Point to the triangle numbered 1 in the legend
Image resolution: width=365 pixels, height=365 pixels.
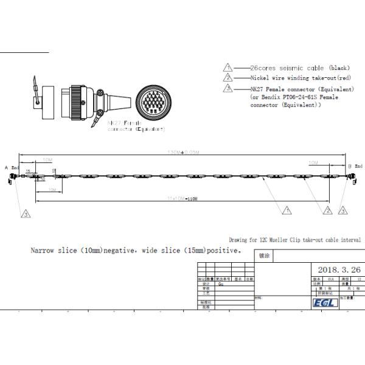pos(228,68)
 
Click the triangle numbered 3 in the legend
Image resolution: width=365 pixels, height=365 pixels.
pos(228,89)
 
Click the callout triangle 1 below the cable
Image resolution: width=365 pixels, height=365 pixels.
pos(287,210)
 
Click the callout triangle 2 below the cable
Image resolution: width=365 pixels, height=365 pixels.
pos(328,210)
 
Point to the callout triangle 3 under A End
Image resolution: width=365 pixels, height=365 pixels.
pos(26,214)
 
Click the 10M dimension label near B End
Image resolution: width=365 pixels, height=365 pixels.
pos(313,163)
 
